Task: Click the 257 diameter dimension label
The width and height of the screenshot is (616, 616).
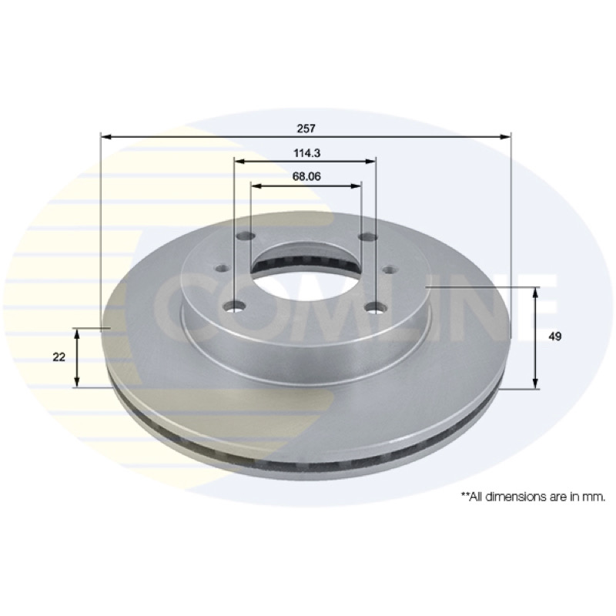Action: click(306, 129)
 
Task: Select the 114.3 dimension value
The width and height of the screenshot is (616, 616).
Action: click(306, 152)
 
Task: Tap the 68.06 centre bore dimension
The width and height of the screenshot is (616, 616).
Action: click(306, 176)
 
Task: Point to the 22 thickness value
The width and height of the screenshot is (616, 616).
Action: click(59, 357)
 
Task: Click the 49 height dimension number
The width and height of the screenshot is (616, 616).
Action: click(555, 336)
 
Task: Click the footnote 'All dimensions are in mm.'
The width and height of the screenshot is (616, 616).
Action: click(533, 497)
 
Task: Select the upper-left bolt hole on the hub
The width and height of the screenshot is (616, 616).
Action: click(246, 236)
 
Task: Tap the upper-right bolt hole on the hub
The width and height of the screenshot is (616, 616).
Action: click(369, 236)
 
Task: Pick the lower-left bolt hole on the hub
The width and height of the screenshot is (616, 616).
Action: click(236, 306)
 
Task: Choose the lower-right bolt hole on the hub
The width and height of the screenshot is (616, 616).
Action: click(375, 306)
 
